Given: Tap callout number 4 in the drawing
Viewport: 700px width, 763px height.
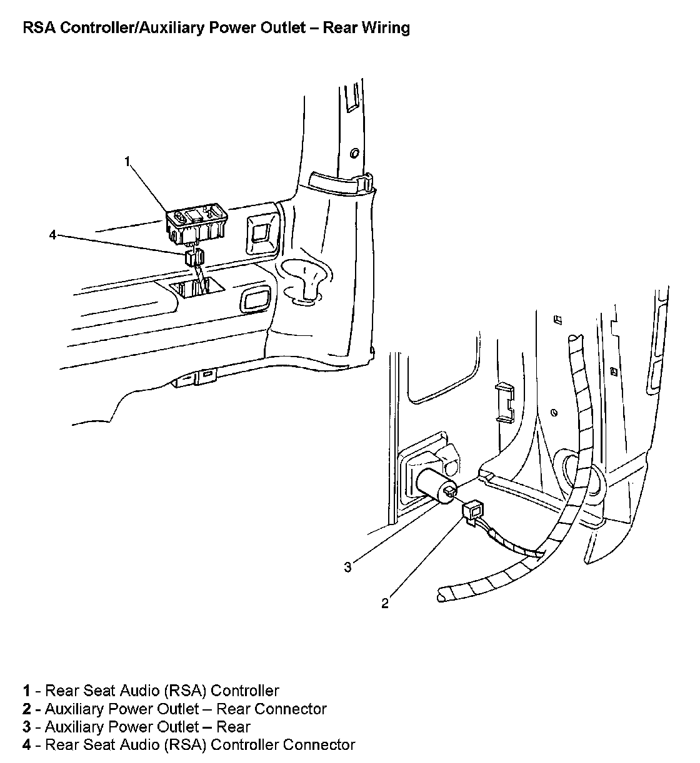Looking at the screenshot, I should pyautogui.click(x=53, y=235).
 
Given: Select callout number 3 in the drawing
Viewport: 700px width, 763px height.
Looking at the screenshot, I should pyautogui.click(x=347, y=567).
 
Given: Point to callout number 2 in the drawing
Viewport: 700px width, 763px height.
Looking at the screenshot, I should pyautogui.click(x=385, y=603).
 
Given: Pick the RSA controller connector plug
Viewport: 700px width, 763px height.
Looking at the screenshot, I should pyautogui.click(x=194, y=257).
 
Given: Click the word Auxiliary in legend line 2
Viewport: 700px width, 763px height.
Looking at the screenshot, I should pyautogui.click(x=74, y=709).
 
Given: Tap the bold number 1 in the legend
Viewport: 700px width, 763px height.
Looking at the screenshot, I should pyautogui.click(x=27, y=691).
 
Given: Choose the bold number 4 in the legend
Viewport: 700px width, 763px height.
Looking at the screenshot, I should pyautogui.click(x=27, y=745).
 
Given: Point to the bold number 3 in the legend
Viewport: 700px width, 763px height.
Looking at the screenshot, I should pyautogui.click(x=27, y=727).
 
